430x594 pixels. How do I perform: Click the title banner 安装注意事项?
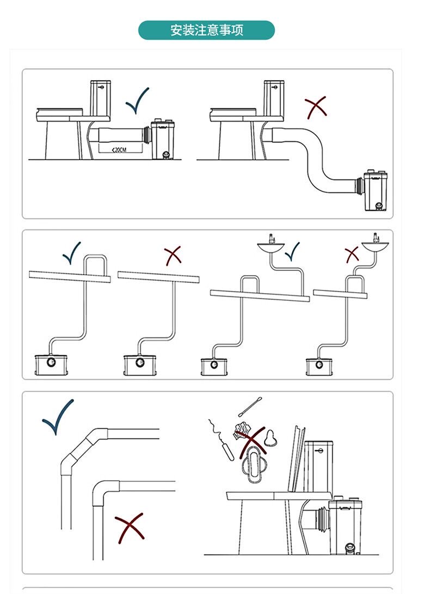tap(206, 31)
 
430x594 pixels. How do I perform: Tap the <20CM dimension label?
tap(119, 150)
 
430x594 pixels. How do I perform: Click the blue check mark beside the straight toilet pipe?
tap(137, 100)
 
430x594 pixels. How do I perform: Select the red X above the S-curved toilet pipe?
tap(316, 107)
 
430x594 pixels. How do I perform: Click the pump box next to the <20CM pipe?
tap(163, 140)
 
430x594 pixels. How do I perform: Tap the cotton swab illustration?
tap(250, 407)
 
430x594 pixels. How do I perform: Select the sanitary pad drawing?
tap(253, 464)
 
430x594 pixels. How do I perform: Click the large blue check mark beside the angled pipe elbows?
tap(58, 417)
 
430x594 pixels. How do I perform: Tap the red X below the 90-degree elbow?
tap(130, 528)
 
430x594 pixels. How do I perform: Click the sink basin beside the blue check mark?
tap(271, 247)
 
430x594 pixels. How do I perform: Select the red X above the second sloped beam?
tap(173, 256)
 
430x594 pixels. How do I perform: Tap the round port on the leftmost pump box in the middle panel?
tap(51, 362)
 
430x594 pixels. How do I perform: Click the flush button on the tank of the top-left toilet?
tap(101, 87)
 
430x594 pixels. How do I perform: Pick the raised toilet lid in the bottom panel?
tap(296, 459)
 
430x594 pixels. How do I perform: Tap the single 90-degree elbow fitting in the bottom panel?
tap(105, 492)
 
